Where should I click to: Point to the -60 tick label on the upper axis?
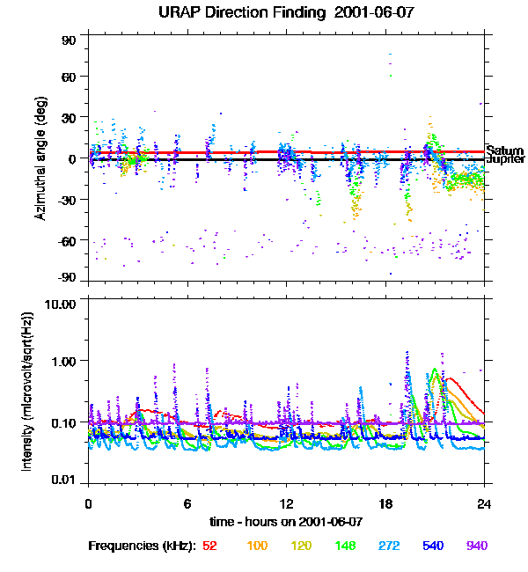click(x=67, y=240)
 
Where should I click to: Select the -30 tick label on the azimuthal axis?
click(x=67, y=200)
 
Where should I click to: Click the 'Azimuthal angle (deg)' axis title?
click(x=40, y=159)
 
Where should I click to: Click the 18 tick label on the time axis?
click(x=385, y=503)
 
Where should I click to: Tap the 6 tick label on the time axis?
click(x=187, y=503)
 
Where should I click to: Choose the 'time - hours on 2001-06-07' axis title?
click(x=286, y=521)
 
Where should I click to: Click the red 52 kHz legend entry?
click(x=209, y=546)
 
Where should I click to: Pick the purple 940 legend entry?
click(x=476, y=546)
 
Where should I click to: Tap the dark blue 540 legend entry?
click(x=431, y=546)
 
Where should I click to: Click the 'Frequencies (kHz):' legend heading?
click(x=141, y=546)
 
